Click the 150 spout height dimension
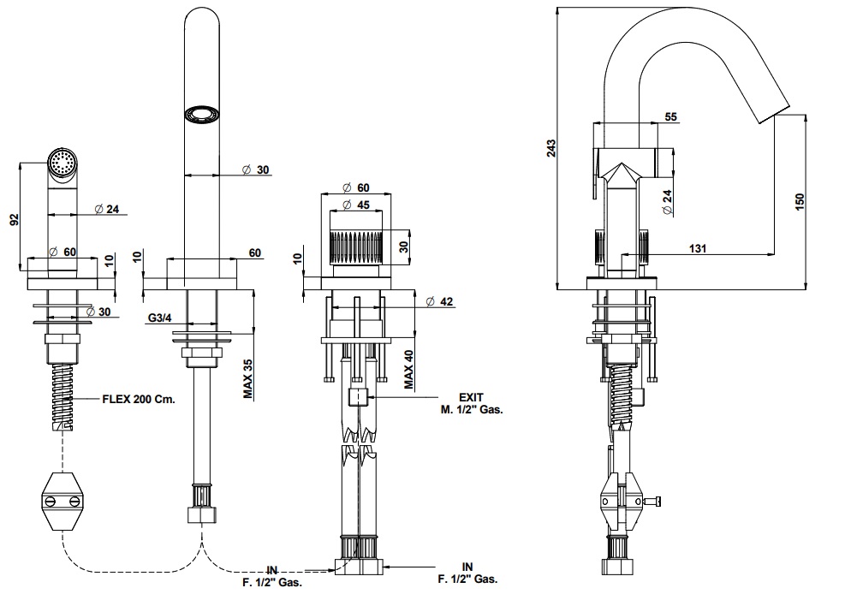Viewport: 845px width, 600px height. [800, 202]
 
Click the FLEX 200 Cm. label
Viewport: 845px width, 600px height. [139, 399]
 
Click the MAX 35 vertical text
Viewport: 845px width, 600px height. [247, 377]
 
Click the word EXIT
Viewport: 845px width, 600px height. [471, 397]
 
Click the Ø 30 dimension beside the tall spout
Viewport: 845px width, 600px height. [256, 169]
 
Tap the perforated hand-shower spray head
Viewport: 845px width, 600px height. [62, 163]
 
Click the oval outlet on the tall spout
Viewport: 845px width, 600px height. [203, 114]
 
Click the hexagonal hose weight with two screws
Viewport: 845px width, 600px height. [64, 499]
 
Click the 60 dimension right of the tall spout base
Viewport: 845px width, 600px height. [254, 252]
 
